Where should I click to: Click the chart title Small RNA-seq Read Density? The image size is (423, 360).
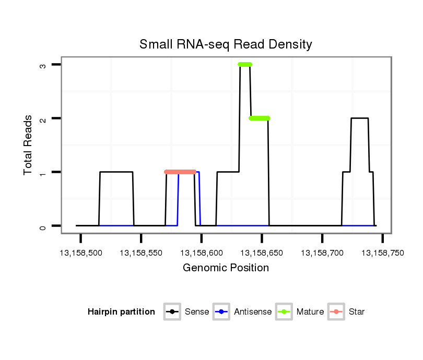pos(226,44)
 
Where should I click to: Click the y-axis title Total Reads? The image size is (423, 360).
pos(29,145)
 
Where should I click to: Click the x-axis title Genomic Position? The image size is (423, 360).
pos(226,268)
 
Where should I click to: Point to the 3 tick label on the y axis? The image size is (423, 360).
pos(42,65)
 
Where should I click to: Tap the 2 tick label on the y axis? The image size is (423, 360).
pos(42,118)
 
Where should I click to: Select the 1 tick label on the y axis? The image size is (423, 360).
pos(42,172)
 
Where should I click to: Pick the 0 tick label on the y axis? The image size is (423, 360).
pos(42,226)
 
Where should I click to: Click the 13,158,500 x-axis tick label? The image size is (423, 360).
pos(81,253)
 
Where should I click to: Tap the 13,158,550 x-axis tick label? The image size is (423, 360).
pos(141,253)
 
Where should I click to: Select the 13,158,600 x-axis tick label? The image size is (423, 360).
pos(202,253)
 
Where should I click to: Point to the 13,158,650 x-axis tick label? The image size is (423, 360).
pos(262,253)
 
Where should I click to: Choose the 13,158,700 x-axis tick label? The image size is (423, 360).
pos(322,253)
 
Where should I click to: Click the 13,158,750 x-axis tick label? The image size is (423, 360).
pos(382,253)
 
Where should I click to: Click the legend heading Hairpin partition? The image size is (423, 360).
pos(121,312)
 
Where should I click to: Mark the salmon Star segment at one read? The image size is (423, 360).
pos(180,172)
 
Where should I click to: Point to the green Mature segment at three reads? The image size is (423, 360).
pos(245,64)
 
